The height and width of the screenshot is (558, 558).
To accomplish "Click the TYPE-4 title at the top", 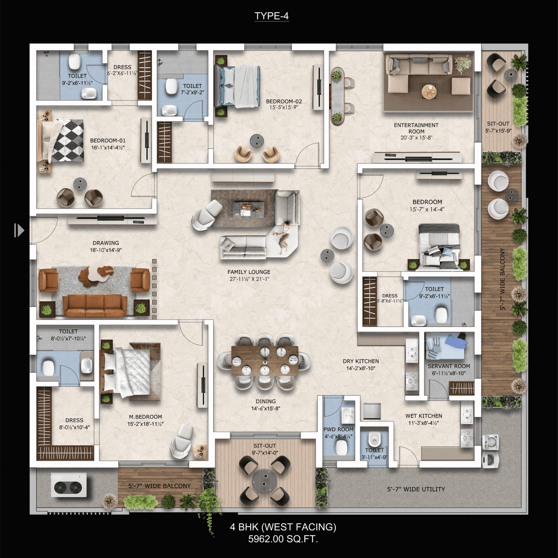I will (271, 16).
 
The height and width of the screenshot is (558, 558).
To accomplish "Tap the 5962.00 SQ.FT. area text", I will (283, 539).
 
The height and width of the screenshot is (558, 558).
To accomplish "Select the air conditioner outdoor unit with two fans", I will (69, 485).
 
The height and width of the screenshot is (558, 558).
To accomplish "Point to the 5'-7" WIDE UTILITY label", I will (416, 489).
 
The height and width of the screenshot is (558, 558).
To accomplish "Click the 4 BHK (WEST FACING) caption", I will (283, 527).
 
